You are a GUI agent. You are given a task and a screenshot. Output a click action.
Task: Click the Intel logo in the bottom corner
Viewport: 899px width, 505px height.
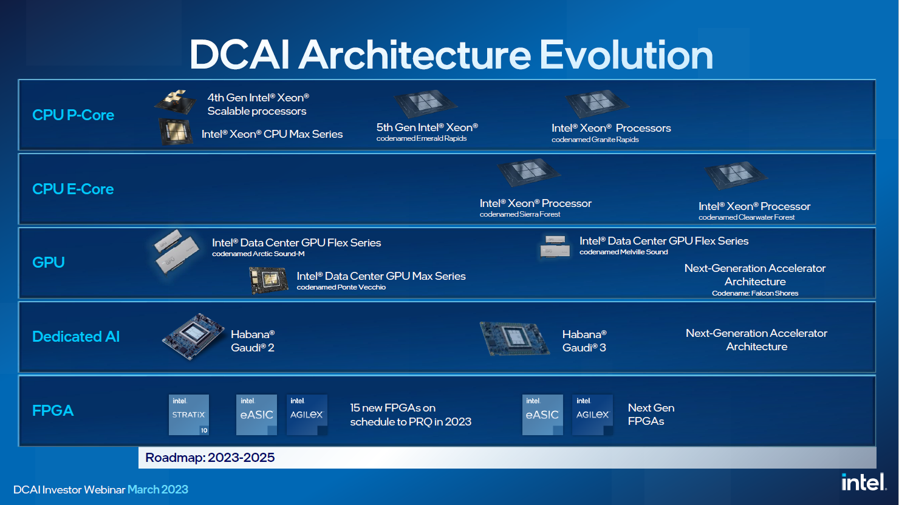(x=864, y=482)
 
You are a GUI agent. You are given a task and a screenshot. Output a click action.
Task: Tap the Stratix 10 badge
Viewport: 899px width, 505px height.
(x=189, y=415)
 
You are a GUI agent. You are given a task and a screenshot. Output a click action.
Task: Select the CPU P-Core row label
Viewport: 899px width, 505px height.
(x=73, y=115)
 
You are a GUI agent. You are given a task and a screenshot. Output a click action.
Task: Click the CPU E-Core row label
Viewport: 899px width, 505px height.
(x=73, y=189)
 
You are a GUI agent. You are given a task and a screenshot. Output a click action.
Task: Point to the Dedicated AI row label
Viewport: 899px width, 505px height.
(x=76, y=336)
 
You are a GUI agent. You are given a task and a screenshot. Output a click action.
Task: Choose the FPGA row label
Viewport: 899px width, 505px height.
(x=53, y=410)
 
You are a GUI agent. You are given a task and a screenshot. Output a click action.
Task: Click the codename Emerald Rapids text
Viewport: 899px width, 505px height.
(x=422, y=138)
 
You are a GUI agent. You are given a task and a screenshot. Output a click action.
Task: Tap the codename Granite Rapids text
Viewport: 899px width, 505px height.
(x=595, y=140)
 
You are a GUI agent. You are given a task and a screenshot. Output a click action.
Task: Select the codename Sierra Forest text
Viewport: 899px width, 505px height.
(x=520, y=214)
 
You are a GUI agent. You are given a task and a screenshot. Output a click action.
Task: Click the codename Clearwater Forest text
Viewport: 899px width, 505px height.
(x=747, y=217)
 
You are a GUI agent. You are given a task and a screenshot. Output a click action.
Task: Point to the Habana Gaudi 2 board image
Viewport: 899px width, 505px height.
(x=193, y=336)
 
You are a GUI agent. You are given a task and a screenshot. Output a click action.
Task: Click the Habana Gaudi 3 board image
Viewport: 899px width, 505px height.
(x=514, y=339)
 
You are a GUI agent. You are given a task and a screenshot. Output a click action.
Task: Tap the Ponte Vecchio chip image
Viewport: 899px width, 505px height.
(x=268, y=280)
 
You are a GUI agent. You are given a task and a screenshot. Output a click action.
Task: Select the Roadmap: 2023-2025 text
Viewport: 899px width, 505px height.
(x=210, y=458)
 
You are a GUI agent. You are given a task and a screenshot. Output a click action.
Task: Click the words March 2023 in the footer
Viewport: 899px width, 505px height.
(x=158, y=490)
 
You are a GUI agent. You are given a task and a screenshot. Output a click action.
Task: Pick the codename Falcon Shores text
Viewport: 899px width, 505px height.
(x=755, y=293)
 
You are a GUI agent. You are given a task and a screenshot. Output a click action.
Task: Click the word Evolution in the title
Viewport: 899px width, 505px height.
(x=626, y=55)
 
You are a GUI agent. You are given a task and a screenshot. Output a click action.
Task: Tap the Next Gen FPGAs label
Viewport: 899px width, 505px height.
(x=651, y=415)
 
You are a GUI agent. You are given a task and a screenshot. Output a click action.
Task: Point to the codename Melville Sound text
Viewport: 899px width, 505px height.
(x=624, y=252)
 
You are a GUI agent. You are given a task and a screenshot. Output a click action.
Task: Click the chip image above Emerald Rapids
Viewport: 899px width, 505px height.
(x=425, y=103)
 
